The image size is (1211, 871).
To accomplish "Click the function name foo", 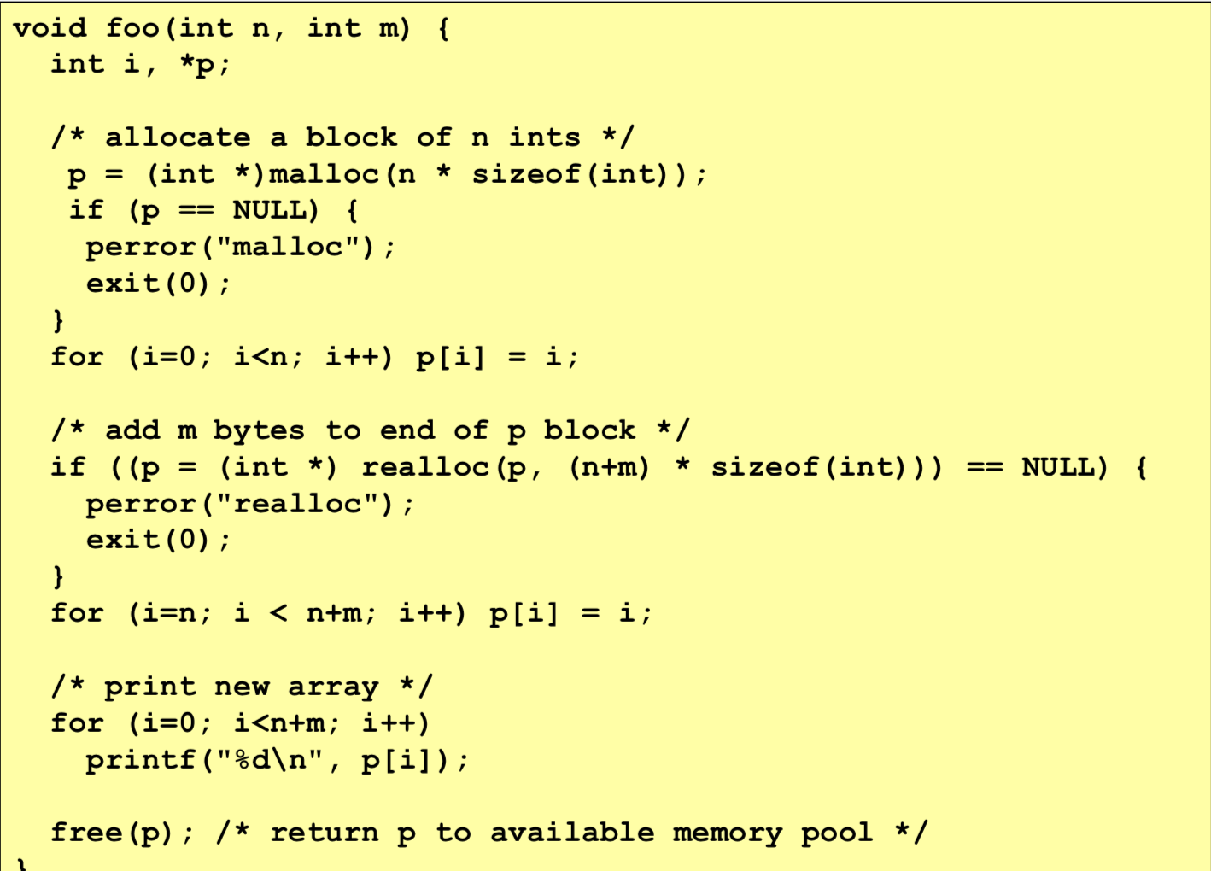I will coord(132,28).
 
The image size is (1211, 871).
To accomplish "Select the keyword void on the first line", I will coord(50,28).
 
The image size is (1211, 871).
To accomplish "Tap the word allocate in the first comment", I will coord(178,137).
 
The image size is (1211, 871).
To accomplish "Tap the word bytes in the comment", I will coord(258,431).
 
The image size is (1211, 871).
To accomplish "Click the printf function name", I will coord(141,760).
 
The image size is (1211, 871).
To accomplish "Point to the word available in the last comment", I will coord(572,833).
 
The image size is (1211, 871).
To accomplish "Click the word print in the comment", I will coord(150,687).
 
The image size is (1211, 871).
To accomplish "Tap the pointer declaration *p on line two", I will coord(197,65).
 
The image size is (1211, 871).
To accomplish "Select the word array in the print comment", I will coord(333,687).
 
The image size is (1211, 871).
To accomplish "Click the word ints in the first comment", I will coord(544,137).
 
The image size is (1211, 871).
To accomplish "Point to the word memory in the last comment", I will coord(727,833).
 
